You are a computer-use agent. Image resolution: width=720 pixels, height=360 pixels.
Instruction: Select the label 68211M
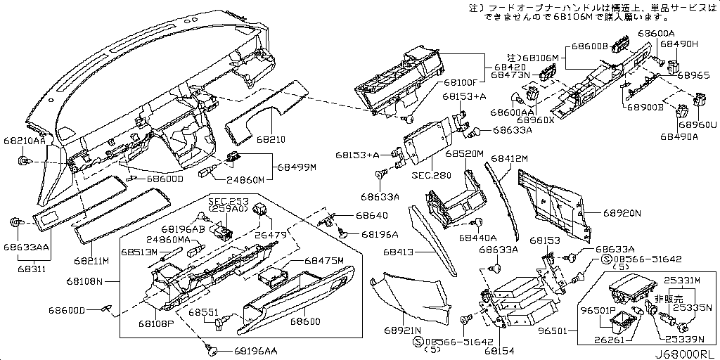pyautogui.click(x=92, y=261)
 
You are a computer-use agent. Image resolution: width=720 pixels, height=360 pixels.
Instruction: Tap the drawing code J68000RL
pyautogui.click(x=686, y=354)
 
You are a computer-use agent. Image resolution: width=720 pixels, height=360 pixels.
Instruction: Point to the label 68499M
pyautogui.click(x=297, y=167)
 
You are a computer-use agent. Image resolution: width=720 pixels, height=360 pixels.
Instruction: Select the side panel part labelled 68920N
pyautogui.click(x=552, y=200)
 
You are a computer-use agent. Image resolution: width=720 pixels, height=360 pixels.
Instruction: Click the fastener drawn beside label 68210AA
pyautogui.click(x=22, y=162)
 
